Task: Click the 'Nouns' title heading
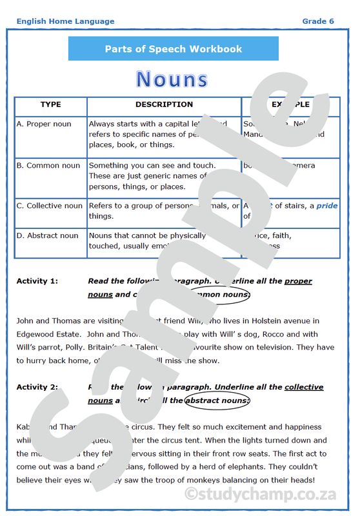[172, 79]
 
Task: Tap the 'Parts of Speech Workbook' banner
[174, 49]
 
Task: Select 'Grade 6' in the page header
[318, 21]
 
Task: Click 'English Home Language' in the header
[65, 21]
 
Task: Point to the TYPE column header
[50, 104]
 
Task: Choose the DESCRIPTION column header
[164, 104]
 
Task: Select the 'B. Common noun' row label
[49, 166]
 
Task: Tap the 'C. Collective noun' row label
[50, 206]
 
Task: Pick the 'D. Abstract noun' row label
[48, 236]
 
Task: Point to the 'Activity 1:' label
[37, 281]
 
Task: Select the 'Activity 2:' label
[37, 388]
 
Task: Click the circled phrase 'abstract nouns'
[216, 401]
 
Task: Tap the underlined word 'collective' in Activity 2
[304, 388]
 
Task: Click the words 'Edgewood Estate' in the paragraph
[46, 334]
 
